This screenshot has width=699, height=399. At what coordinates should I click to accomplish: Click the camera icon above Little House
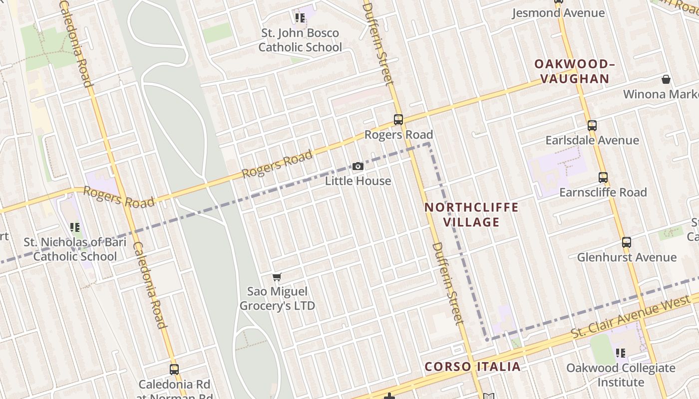[x=358, y=167]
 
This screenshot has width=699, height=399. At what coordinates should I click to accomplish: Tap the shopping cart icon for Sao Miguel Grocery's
[x=277, y=277]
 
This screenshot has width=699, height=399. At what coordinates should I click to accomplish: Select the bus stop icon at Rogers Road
[x=398, y=120]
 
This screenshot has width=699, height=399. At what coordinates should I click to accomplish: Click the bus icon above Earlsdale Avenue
[x=592, y=126]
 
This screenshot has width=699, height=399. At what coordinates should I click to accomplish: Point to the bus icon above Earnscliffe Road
[x=603, y=178]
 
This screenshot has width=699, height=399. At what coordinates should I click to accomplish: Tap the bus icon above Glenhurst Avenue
[x=627, y=243]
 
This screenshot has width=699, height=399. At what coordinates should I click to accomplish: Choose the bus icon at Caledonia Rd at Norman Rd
[x=174, y=370]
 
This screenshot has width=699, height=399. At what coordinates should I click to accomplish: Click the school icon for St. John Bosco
[x=300, y=18]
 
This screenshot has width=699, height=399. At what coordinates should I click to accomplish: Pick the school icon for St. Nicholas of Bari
[x=75, y=228]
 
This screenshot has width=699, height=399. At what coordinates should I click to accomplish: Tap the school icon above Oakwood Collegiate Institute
[x=621, y=354]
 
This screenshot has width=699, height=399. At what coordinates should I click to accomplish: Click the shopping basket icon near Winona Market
[x=666, y=79]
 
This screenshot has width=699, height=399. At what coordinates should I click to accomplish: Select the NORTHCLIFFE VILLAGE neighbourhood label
[x=471, y=214]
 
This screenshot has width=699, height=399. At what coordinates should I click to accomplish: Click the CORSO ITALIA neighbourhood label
[x=472, y=367]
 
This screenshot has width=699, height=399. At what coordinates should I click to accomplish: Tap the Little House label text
[x=358, y=181]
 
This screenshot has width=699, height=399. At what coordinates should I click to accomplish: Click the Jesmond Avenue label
[x=558, y=13]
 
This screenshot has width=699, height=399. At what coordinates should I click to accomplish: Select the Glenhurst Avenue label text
[x=627, y=257]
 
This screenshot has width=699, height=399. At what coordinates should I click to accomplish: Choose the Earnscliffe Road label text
[x=603, y=193]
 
